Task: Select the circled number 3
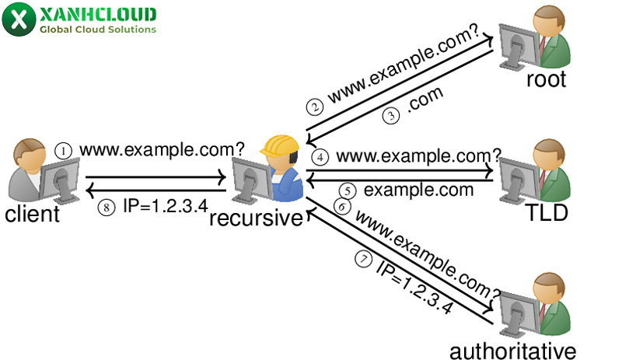tap(390, 116)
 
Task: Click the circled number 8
tap(109, 208)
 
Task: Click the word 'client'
tap(32, 214)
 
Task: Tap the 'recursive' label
tap(256, 218)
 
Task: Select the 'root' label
tap(547, 79)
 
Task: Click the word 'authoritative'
tap(513, 348)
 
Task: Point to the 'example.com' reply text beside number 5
tap(418, 190)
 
